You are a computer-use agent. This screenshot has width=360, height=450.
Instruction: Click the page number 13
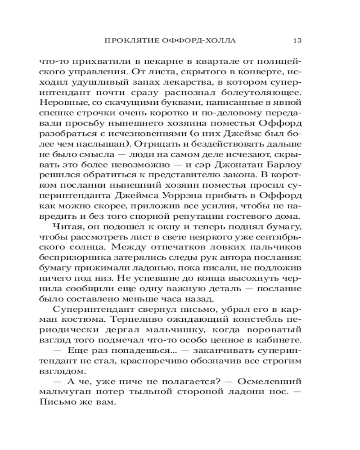(x=297, y=40)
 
